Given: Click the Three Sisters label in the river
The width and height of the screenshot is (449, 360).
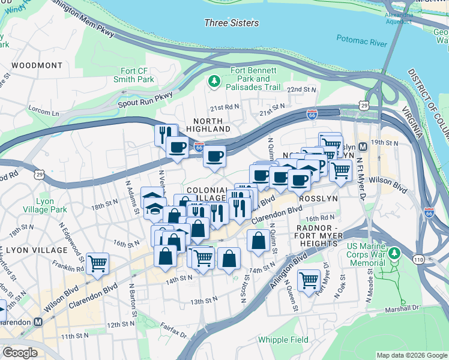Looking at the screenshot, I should point(232,23).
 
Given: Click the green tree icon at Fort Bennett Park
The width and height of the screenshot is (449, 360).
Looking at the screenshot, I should point(213,81).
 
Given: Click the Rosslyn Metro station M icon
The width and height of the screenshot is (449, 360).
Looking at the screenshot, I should point(363,147).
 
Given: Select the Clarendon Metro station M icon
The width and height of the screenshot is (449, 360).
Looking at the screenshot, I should point(38,322).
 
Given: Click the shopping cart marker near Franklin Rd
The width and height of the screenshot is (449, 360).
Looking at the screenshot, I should point(97,262).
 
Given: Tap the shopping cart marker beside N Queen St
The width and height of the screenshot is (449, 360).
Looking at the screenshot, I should point(309,279).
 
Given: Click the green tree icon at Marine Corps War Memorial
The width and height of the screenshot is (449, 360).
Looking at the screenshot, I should point(394,254).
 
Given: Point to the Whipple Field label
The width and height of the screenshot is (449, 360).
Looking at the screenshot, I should point(283,340).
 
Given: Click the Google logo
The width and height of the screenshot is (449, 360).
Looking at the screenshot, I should point(20,353).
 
